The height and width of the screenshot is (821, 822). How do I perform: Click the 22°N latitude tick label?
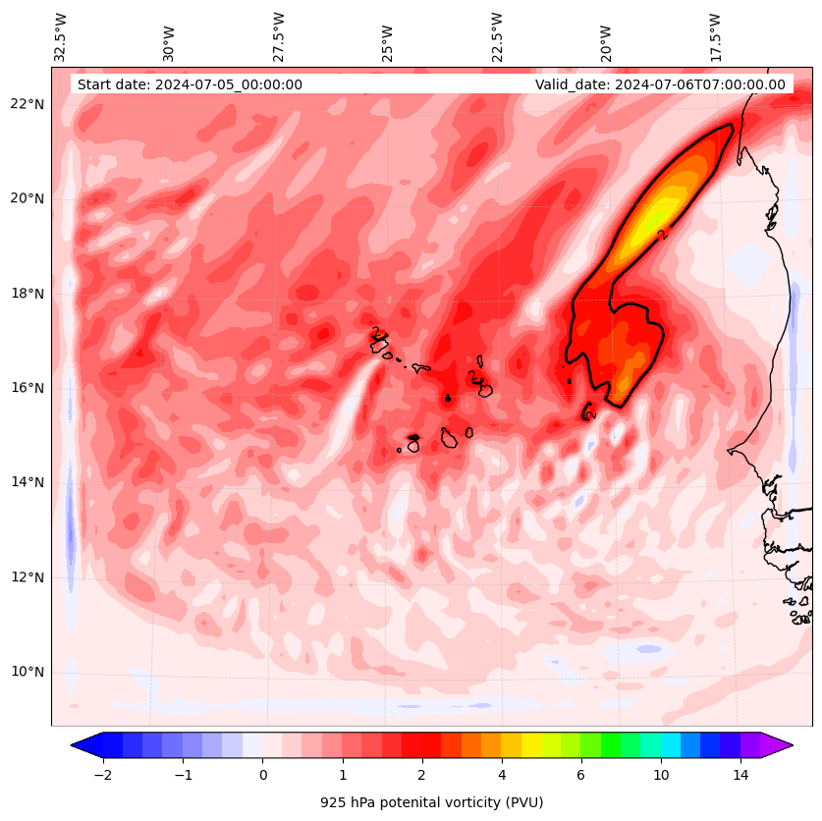point(27,104)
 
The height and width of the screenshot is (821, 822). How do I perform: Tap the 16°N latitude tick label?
point(27,388)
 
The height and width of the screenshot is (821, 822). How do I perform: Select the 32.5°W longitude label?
point(61,37)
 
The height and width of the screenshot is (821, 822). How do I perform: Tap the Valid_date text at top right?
point(660,84)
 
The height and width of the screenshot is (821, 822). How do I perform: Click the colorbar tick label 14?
point(740,776)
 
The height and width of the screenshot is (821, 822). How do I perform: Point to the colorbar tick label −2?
point(102,776)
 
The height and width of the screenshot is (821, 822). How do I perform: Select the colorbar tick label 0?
point(262,776)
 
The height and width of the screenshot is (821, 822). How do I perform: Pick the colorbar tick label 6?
point(580,776)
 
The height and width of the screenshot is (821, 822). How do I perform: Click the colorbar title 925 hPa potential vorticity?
point(431,802)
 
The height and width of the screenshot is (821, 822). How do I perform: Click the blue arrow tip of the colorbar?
point(82,744)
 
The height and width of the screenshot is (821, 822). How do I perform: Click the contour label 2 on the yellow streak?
point(663,234)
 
